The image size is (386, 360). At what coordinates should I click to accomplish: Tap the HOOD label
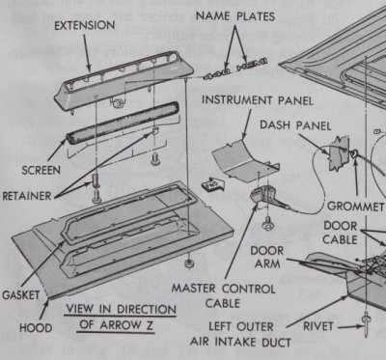(x=21, y=327)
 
